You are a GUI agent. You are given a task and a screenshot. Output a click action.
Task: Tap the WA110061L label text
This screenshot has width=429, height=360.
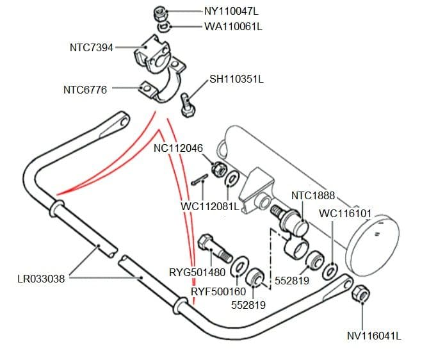point(234,27)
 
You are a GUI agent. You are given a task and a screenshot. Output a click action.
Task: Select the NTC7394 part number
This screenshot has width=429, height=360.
point(92,47)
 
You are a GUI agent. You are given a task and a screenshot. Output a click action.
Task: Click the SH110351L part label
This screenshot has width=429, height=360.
point(236,79)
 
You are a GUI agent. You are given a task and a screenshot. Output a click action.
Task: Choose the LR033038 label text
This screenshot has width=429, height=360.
point(41,279)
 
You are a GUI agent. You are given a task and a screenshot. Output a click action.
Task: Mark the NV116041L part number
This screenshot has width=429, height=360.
point(374,335)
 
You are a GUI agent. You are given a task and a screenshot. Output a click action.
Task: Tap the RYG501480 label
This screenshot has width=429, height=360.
point(196,272)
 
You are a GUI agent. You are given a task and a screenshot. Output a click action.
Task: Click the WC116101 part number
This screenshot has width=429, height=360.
point(345,213)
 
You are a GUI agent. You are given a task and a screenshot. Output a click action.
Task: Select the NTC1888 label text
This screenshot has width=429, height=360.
point(313,195)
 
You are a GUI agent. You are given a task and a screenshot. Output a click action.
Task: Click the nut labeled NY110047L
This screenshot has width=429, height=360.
point(161,13)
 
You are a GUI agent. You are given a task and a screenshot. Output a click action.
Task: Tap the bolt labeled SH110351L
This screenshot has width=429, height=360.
point(187,104)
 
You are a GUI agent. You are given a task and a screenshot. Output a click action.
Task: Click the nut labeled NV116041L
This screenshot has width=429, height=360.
point(361,294)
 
